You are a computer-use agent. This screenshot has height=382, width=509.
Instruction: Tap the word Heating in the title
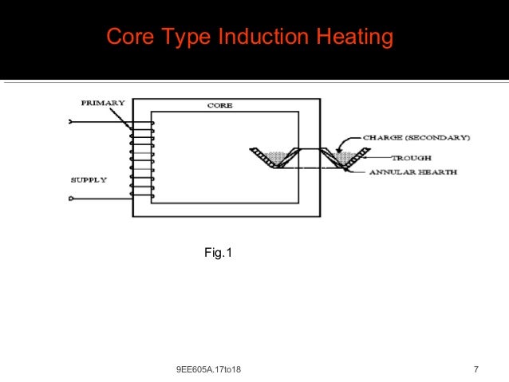(355, 37)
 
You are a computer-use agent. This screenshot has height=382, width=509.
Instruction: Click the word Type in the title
(183, 37)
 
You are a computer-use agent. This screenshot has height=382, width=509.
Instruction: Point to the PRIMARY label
(102, 103)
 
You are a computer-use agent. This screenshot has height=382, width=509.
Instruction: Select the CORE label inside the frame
(219, 105)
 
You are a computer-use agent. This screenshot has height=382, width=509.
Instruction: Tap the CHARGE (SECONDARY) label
(416, 137)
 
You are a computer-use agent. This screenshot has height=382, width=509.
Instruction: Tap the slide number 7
(475, 369)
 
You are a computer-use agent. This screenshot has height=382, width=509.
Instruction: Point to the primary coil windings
(142, 159)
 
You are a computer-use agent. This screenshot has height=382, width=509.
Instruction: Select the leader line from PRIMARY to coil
(125, 116)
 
